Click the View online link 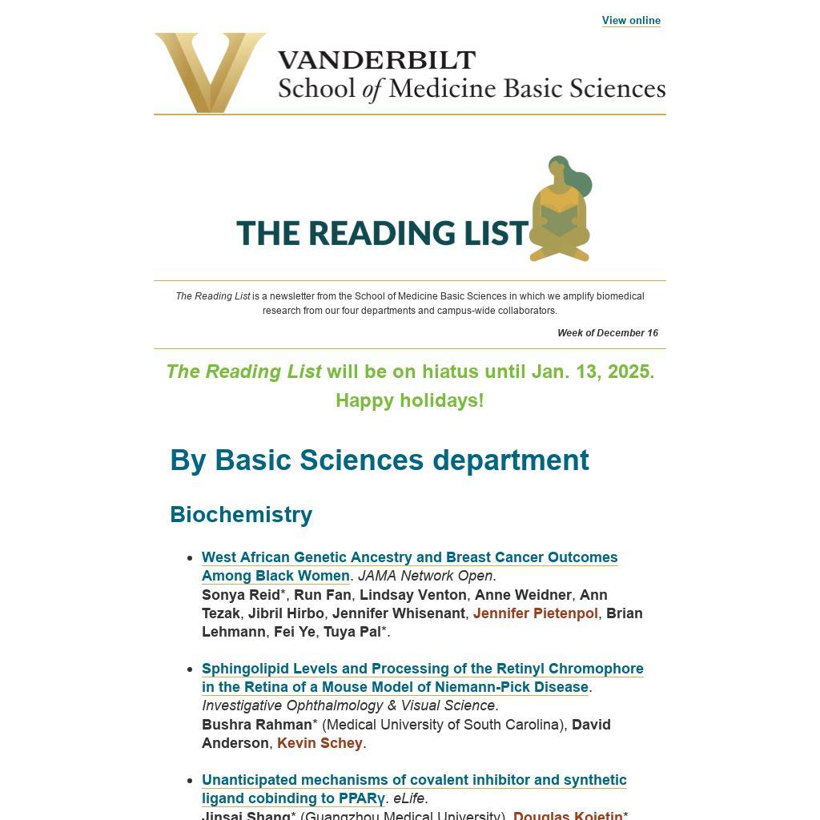click(631, 21)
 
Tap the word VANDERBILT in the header click(376, 60)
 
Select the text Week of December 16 click(608, 333)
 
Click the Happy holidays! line click(409, 400)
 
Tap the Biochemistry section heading click(241, 514)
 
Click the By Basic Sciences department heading click(380, 460)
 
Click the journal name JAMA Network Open click(426, 576)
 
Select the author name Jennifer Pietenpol click(536, 613)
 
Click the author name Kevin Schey click(320, 743)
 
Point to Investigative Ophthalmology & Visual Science click(349, 705)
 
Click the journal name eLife click(410, 798)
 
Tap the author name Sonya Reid click(241, 595)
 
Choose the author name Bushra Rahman click(256, 725)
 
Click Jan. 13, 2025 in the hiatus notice click(592, 372)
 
